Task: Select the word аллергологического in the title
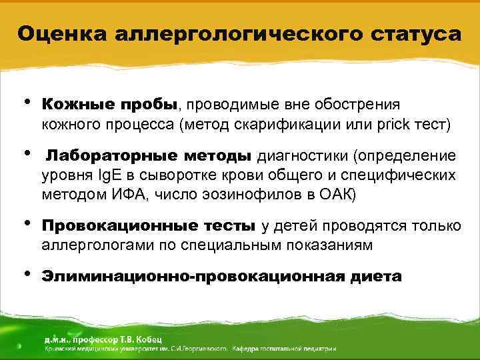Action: point(234,33)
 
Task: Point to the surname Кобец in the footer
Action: point(153,337)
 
